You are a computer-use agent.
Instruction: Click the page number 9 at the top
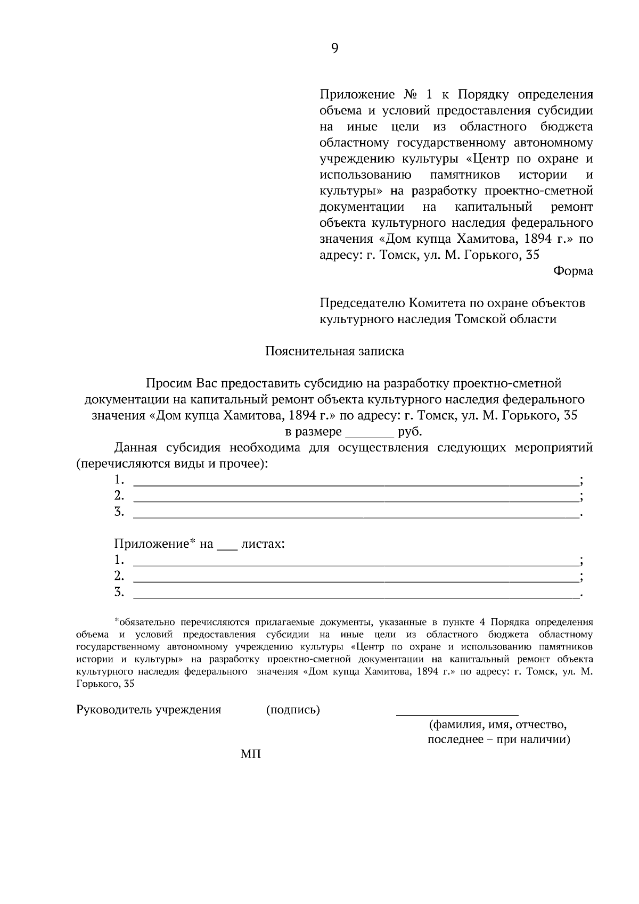334,49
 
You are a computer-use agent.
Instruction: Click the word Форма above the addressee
573,271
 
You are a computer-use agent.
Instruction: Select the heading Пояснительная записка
334,351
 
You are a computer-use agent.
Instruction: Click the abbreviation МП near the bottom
251,754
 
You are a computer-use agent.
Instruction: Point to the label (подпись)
293,710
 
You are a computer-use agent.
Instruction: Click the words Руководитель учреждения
149,710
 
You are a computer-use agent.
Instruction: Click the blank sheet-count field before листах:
227,545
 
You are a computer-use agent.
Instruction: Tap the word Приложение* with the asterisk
155,544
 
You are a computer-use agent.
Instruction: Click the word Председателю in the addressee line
362,303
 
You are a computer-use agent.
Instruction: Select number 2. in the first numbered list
119,496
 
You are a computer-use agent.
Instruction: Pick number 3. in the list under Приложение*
119,591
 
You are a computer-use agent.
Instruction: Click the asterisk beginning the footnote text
116,621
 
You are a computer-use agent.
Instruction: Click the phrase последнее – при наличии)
499,739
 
